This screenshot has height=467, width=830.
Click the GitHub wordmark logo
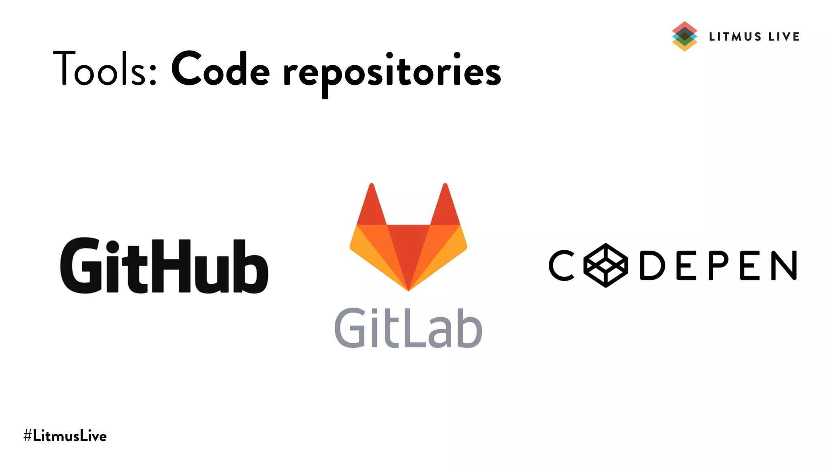(164, 266)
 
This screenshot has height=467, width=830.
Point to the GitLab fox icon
(408, 243)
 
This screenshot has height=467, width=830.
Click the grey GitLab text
(408, 328)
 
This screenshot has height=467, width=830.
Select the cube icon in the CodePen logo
(605, 266)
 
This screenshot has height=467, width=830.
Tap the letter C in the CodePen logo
(562, 266)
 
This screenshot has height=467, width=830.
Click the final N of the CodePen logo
(784, 266)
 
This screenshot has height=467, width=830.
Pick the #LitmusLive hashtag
(65, 436)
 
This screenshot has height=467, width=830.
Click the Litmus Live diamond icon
(685, 36)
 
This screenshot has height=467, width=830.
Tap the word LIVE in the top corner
(784, 37)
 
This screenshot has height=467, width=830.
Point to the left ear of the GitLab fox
(371, 207)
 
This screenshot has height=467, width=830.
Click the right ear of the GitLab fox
(445, 207)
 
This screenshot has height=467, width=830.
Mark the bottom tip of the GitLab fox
(408, 289)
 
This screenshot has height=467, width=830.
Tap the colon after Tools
(153, 75)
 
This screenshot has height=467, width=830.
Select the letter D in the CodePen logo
(652, 266)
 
